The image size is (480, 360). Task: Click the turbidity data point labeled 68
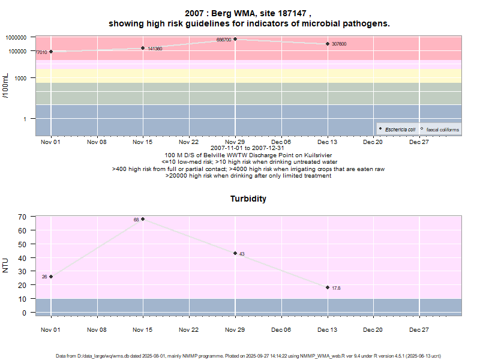(143, 219)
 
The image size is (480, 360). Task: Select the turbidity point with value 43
(235, 253)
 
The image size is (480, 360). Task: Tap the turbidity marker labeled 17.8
(328, 287)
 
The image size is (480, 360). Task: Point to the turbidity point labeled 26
(51, 277)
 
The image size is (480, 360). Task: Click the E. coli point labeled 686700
(235, 39)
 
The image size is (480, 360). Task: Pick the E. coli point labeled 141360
(143, 48)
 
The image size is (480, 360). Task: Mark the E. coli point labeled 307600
(328, 44)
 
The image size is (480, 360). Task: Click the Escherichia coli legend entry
(398, 130)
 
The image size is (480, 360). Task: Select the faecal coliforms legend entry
(440, 130)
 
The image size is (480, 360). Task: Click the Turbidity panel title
(248, 199)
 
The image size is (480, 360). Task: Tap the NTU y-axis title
(6, 265)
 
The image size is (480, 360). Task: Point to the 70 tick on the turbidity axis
(22, 217)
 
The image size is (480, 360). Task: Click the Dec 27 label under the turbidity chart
(419, 330)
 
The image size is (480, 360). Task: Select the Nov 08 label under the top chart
(97, 142)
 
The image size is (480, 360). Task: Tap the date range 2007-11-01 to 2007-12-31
(248, 148)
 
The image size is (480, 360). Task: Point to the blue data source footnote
(248, 356)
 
